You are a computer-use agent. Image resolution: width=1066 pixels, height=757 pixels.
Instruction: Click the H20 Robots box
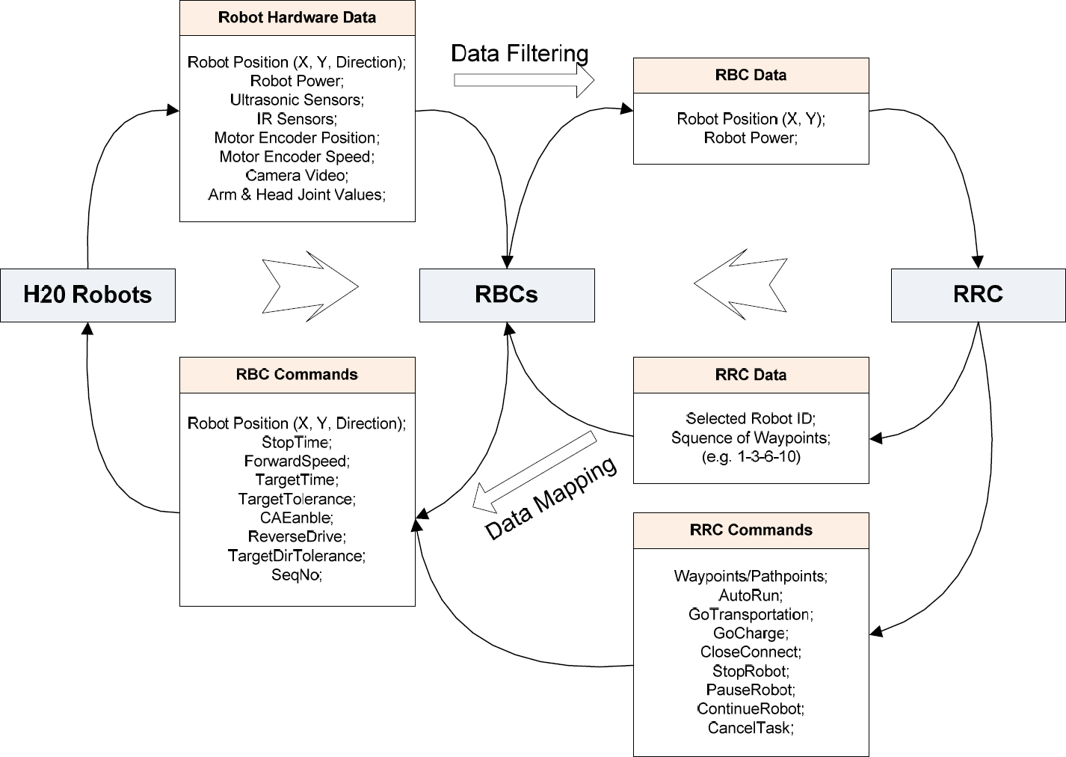click(87, 295)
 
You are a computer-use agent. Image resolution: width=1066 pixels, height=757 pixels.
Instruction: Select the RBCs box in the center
click(506, 295)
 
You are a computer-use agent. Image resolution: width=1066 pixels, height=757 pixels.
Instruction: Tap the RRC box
click(978, 295)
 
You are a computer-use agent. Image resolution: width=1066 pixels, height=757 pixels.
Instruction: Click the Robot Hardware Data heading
click(297, 17)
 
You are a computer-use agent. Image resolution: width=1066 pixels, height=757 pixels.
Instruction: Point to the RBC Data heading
click(751, 75)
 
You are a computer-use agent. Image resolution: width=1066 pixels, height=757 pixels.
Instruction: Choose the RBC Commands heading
click(297, 375)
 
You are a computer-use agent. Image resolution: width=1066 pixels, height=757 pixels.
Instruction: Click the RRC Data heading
click(751, 375)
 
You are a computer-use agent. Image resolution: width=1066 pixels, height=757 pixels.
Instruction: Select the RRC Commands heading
click(751, 530)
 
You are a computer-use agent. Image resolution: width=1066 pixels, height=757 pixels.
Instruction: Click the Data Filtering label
click(520, 53)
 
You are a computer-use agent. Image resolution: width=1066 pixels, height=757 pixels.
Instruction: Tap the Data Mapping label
click(552, 498)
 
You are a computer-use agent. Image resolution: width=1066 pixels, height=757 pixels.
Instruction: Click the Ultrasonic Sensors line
click(297, 99)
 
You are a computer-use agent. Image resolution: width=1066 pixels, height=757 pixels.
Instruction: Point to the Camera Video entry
click(297, 175)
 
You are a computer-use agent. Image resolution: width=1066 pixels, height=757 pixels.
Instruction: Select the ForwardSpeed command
click(297, 461)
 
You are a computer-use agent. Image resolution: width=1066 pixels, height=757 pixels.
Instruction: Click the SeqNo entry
click(297, 574)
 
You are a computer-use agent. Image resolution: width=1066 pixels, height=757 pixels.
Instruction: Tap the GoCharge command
click(751, 633)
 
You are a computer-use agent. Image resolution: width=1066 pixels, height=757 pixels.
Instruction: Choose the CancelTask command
click(751, 727)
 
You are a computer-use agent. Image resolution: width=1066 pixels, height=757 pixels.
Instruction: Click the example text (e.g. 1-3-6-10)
click(751, 456)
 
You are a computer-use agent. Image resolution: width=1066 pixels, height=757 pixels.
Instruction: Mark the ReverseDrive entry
click(297, 536)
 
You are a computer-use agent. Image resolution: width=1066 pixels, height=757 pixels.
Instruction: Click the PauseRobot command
click(751, 689)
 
